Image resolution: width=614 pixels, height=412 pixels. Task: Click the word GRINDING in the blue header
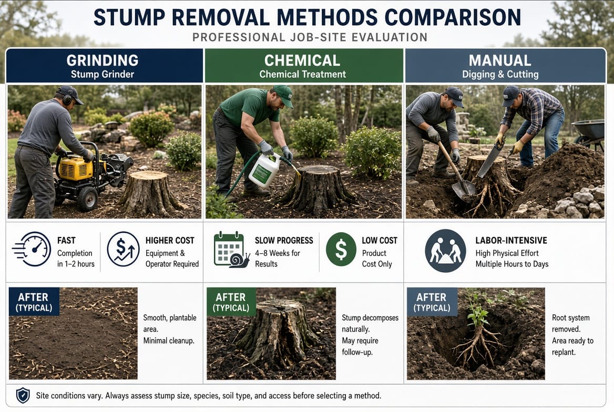click(102, 60)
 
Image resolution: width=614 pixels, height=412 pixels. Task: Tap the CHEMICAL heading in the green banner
click(302, 60)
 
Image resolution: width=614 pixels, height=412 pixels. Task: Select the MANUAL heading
click(500, 60)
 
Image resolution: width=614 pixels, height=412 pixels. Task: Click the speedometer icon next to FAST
click(32, 249)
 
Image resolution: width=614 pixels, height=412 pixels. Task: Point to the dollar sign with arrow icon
click(124, 249)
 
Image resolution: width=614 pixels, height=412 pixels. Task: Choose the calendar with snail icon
click(231, 250)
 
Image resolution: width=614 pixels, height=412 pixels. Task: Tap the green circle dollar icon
click(341, 250)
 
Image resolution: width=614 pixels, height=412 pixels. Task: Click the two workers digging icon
click(446, 251)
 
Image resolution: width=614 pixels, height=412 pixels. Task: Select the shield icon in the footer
click(23, 396)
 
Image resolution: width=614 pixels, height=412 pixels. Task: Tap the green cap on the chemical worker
click(283, 95)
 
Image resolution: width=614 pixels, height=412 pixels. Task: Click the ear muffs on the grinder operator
click(67, 98)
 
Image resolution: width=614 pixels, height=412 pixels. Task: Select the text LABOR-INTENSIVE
click(511, 241)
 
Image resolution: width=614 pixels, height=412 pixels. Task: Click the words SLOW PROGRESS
click(284, 241)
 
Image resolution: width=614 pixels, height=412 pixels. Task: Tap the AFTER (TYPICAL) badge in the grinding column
click(34, 302)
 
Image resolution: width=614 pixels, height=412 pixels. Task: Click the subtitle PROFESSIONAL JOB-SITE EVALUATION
click(310, 37)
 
